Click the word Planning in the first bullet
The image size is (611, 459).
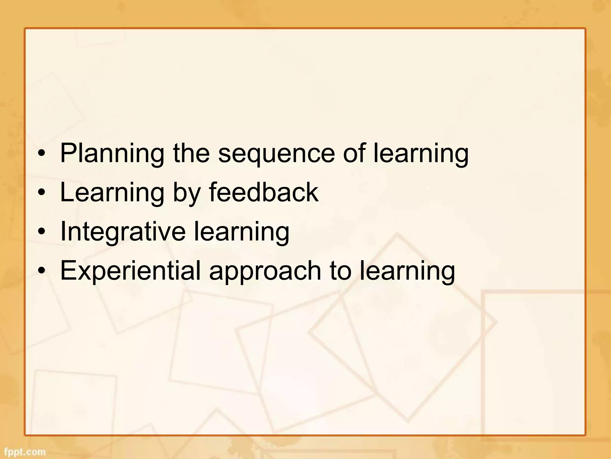coord(112,154)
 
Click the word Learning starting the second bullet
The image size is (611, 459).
coord(112,193)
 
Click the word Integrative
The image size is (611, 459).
coord(123,232)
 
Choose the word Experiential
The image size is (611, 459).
coord(130,271)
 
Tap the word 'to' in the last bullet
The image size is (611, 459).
coord(340,271)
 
